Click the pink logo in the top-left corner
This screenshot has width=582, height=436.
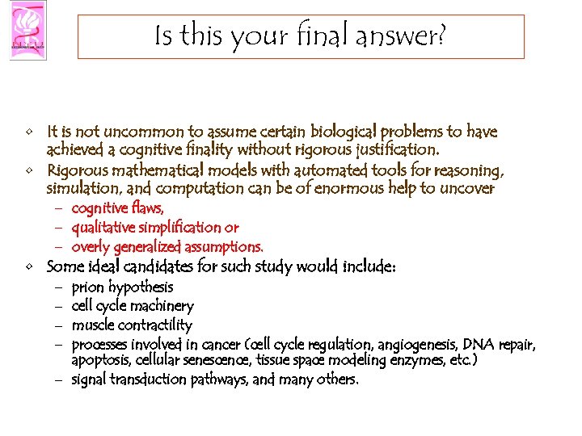[27, 30]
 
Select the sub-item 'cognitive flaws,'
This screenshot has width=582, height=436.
[117, 208]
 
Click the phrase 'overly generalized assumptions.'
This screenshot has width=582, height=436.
[167, 246]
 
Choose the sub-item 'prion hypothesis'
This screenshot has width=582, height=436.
[122, 287]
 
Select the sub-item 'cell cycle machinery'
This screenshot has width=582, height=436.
[133, 306]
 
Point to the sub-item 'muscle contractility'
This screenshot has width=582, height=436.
[132, 325]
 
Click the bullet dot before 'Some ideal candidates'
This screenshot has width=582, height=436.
[29, 267]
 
